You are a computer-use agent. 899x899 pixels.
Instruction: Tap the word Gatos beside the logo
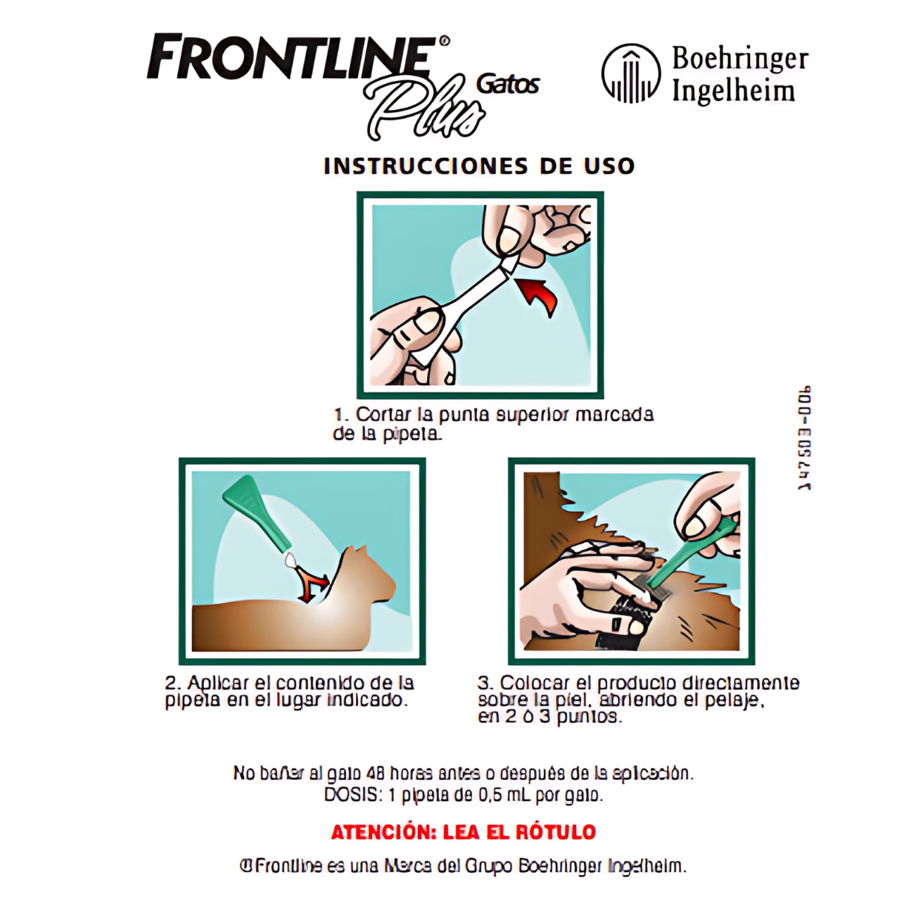[x=508, y=83]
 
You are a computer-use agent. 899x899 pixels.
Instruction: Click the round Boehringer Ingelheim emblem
[x=631, y=73]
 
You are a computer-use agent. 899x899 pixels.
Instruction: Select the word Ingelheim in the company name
[x=733, y=91]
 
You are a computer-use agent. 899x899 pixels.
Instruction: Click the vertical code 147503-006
[x=804, y=438]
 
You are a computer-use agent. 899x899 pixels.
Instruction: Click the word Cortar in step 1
[x=381, y=414]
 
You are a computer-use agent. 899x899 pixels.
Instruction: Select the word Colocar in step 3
[x=534, y=683]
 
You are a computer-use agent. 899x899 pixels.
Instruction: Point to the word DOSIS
[x=353, y=795]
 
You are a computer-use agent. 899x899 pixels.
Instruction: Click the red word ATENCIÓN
[x=384, y=832]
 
